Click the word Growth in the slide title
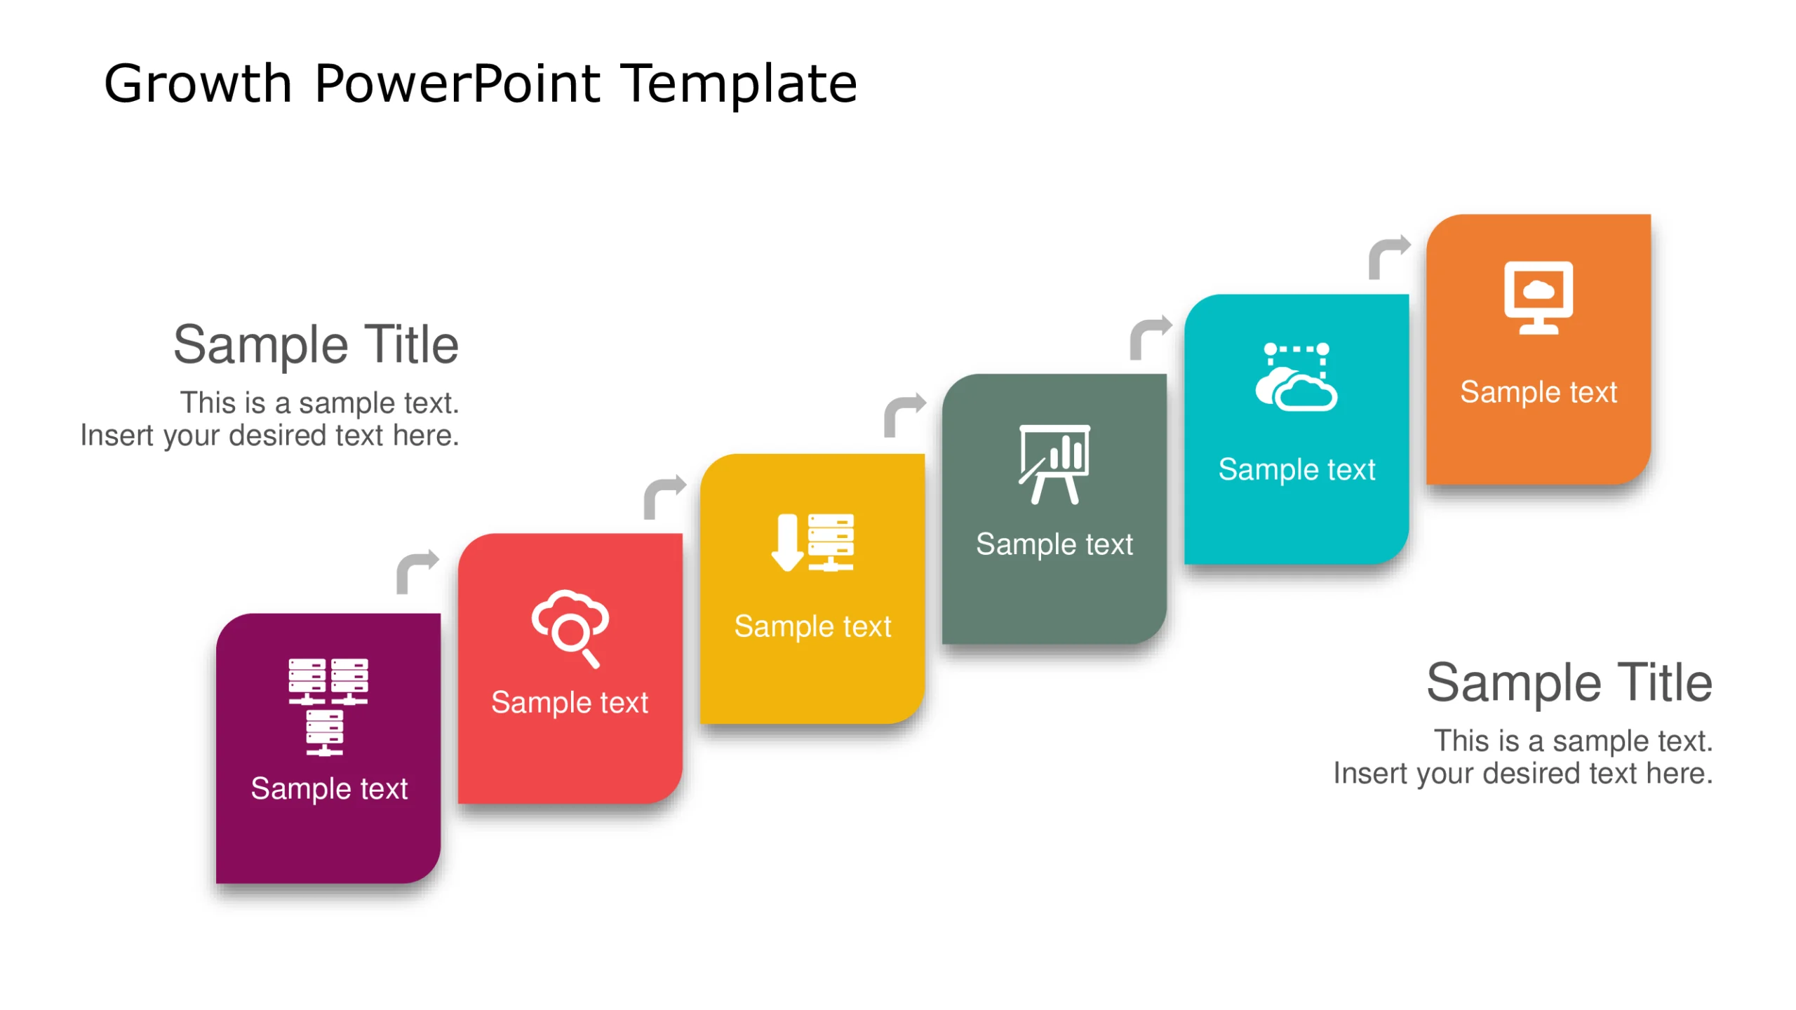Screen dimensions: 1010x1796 click(x=197, y=84)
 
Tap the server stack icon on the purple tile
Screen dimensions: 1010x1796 click(x=328, y=706)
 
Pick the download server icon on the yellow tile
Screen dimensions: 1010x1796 click(x=812, y=543)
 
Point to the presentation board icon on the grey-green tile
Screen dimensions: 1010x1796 click(x=1054, y=464)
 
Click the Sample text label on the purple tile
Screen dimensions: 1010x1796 click(x=329, y=788)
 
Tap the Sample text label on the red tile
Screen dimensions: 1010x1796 click(x=570, y=702)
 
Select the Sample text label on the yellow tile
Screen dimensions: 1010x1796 click(x=812, y=626)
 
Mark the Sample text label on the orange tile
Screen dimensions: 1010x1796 click(x=1538, y=392)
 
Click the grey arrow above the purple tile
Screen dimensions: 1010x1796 click(x=417, y=571)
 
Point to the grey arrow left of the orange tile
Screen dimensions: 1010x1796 click(x=1388, y=257)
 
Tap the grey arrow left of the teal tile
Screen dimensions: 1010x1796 click(x=1149, y=337)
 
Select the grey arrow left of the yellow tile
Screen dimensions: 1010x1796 click(x=664, y=497)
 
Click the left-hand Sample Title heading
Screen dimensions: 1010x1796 click(x=316, y=345)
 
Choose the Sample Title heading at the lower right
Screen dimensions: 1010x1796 click(x=1569, y=682)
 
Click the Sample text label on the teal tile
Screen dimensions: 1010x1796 click(x=1296, y=469)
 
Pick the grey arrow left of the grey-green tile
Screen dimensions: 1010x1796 click(x=904, y=415)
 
